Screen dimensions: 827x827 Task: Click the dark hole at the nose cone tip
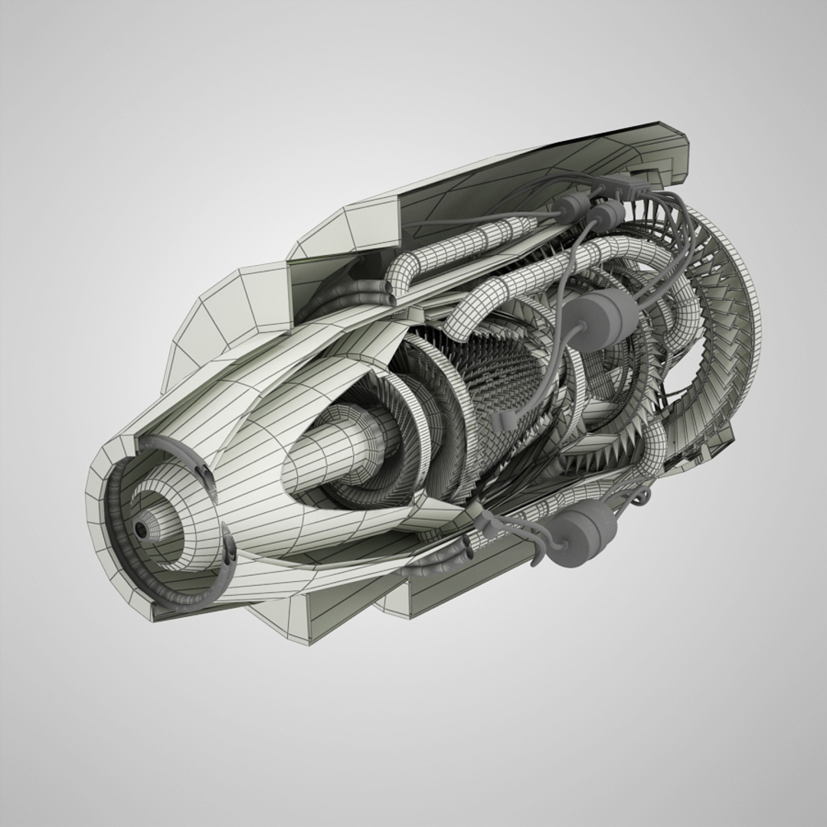140,530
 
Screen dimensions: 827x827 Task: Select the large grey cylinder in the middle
603,315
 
